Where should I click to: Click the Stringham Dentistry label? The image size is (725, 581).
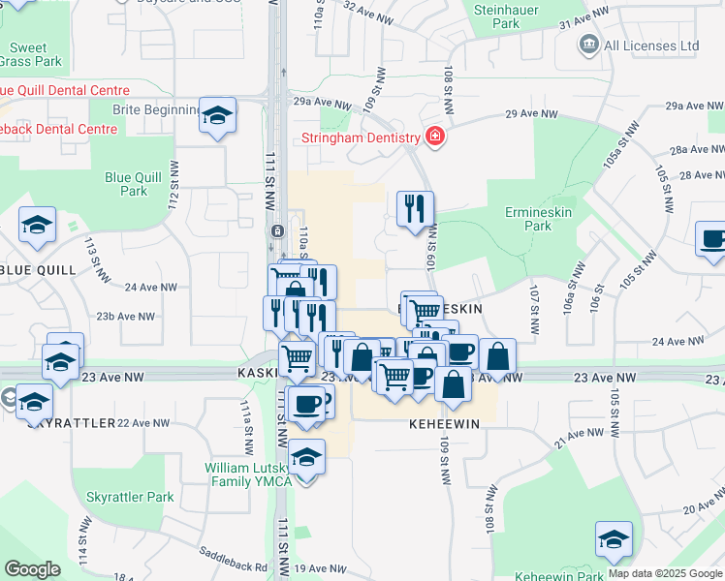click(360, 137)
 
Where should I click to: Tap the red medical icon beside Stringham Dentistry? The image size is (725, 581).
click(435, 136)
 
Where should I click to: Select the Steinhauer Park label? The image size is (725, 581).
click(505, 15)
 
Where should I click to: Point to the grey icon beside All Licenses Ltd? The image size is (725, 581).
click(587, 45)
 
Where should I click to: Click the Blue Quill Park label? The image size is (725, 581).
click(133, 184)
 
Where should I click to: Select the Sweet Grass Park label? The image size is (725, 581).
click(35, 54)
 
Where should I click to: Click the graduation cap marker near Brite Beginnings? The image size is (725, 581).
click(218, 115)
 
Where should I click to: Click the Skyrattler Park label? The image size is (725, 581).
click(130, 497)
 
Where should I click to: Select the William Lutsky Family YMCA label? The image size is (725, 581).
click(247, 474)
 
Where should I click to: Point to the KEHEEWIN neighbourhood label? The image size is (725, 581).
click(445, 424)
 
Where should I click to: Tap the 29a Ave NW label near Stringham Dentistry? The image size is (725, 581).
click(321, 103)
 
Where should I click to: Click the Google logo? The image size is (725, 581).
click(33, 569)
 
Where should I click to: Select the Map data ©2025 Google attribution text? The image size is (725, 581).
click(663, 573)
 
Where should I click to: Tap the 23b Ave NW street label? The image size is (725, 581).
click(126, 317)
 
